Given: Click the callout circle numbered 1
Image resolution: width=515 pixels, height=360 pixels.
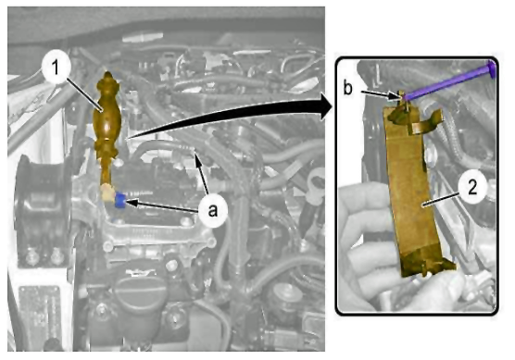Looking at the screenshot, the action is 56,67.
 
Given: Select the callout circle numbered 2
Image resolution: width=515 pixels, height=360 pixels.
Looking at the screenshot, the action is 472,189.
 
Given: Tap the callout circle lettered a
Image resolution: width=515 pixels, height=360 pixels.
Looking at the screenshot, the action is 213,210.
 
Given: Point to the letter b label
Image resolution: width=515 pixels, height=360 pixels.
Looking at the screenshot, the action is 348,88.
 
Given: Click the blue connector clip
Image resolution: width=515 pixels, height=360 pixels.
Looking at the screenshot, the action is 119,201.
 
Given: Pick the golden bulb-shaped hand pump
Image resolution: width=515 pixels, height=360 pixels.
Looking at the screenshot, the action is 107,125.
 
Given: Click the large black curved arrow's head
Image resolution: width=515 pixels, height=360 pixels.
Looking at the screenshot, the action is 326,106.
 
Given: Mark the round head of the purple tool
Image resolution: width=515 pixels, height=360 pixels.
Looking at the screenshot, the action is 491,68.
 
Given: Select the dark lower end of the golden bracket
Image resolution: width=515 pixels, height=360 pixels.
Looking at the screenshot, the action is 426,263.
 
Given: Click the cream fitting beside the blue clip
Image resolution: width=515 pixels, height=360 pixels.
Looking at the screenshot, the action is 107,193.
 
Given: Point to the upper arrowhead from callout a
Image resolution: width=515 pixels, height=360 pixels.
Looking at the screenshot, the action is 197,161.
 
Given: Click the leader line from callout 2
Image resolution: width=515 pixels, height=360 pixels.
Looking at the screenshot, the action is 441,199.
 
